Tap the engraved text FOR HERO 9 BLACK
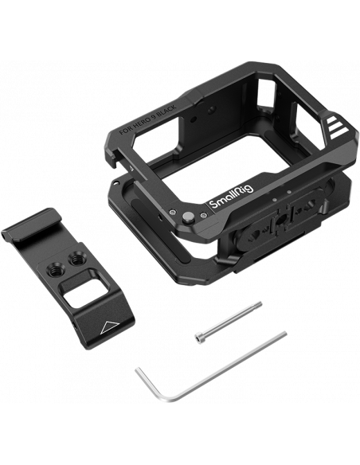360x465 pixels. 147,119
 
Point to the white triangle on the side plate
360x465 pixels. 108,326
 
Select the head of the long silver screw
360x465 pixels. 198,338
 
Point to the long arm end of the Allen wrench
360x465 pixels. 284,334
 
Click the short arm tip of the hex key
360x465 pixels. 137,370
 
